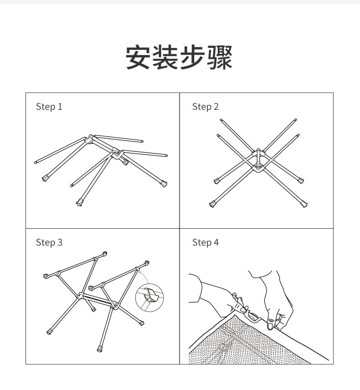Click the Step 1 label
pos(49,107)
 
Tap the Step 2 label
pos(205,107)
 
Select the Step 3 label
pos(49,242)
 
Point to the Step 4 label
pos(205,242)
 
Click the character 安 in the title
pos(139,57)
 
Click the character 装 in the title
pos(166,57)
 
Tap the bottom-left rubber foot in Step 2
pos(213,204)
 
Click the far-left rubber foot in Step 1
pos(45,179)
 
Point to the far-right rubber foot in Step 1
pos(163,184)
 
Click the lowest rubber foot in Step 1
pos(79,202)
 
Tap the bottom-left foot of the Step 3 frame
pos(49,332)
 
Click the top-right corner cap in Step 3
pos(147,263)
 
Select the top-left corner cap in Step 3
pos(46,276)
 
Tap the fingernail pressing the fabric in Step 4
pos(270,326)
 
